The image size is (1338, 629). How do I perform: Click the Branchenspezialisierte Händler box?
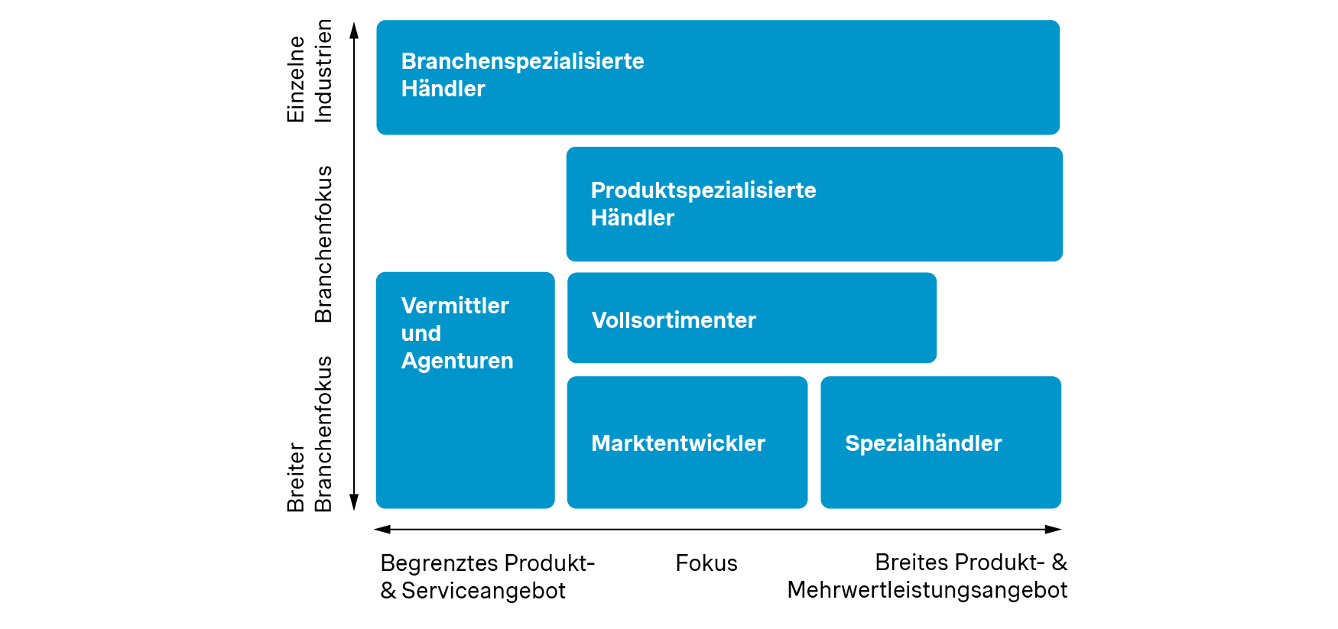click(717, 77)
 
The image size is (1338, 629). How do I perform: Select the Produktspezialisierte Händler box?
click(814, 204)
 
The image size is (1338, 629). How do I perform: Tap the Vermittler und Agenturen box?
click(465, 390)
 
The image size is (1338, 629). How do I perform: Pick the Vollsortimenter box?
click(752, 318)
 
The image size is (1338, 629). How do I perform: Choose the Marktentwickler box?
click(687, 443)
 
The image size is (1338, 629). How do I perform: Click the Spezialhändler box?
click(940, 443)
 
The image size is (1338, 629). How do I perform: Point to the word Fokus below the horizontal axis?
click(706, 563)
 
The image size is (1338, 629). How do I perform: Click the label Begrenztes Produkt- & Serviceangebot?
click(487, 577)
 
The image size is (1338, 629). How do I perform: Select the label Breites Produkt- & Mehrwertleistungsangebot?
click(927, 576)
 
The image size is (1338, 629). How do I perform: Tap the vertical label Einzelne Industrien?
click(310, 72)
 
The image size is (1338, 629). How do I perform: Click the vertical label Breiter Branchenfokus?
click(310, 434)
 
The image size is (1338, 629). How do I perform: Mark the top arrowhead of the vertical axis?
click(354, 30)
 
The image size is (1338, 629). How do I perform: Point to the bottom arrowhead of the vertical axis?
click(354, 502)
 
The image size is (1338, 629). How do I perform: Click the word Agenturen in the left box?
click(456, 361)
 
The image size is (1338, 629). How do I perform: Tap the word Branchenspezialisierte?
click(522, 61)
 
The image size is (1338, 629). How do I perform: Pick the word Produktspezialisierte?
click(703, 190)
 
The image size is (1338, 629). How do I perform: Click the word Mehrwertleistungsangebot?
click(927, 590)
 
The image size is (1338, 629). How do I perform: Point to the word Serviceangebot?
click(483, 591)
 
